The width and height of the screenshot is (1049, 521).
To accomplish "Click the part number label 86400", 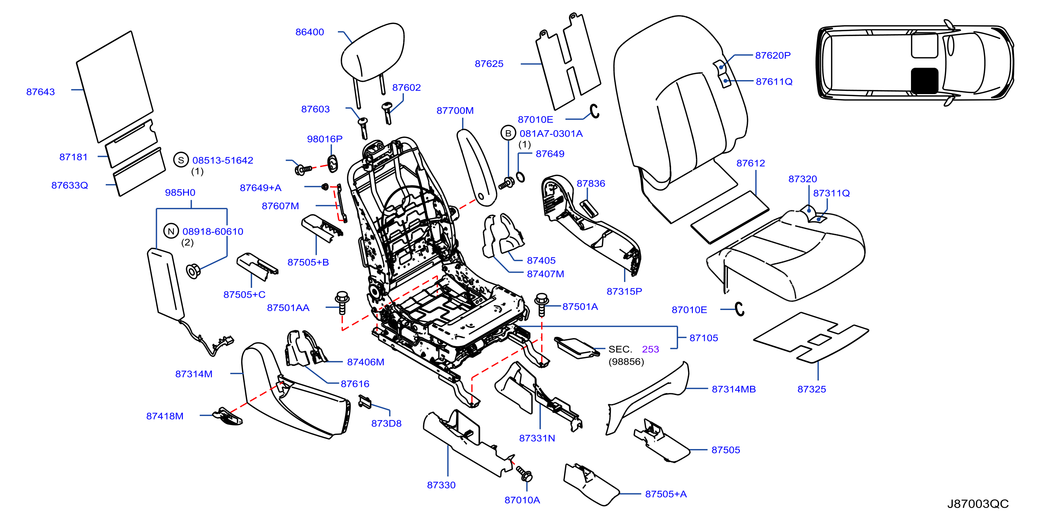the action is click(x=309, y=32).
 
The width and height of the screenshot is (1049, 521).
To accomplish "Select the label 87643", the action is click(x=40, y=92).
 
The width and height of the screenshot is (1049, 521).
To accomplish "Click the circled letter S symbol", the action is click(x=181, y=160).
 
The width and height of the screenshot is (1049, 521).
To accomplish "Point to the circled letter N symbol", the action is click(x=171, y=231).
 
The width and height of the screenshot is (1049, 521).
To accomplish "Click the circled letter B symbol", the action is click(x=508, y=133).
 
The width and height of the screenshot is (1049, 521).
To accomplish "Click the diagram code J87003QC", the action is click(x=978, y=504).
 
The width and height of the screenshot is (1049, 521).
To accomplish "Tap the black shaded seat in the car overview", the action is click(x=924, y=81).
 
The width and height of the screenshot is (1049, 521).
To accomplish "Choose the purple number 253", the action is click(x=650, y=349).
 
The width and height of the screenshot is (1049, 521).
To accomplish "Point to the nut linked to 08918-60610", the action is click(x=193, y=271).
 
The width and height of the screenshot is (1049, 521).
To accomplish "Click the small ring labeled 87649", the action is click(x=520, y=177).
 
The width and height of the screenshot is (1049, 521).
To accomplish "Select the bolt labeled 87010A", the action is click(x=524, y=474).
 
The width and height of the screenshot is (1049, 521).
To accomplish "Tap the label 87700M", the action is click(x=455, y=111).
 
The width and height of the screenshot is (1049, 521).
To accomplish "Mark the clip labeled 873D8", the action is click(x=365, y=402).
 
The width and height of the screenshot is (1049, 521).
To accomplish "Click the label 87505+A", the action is click(x=666, y=494).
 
